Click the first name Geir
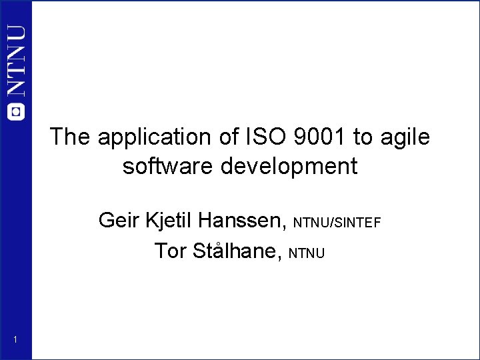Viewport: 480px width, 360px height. pyautogui.click(x=117, y=219)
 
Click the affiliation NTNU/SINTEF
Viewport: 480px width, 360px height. pyautogui.click(x=337, y=222)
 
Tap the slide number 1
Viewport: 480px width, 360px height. pyautogui.click(x=15, y=341)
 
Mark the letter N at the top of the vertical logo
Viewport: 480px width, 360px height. pyautogui.click(x=16, y=37)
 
